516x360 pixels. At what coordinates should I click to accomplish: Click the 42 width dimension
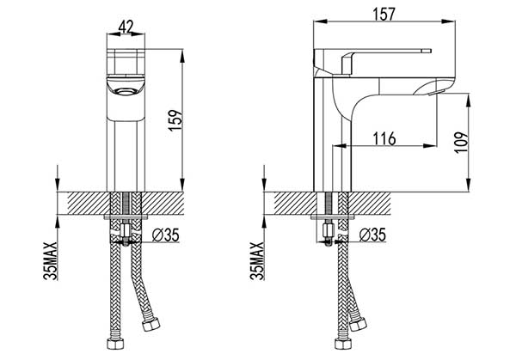tap(126, 27)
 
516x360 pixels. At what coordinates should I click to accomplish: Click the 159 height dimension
tap(175, 120)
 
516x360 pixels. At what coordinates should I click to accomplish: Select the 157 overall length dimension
tap(384, 14)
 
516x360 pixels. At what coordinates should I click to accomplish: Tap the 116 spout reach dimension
tap(384, 138)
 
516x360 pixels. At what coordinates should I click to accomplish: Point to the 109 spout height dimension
tap(461, 142)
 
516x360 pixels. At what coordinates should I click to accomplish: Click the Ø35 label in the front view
tap(166, 235)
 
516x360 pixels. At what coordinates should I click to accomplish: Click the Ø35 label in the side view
tap(372, 235)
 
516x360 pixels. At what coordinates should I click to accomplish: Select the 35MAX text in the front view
tap(50, 260)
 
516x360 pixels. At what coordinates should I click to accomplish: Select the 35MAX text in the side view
tap(256, 260)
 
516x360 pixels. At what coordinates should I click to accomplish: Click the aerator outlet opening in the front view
tap(126, 92)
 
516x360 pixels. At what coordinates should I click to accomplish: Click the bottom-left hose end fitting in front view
tap(115, 343)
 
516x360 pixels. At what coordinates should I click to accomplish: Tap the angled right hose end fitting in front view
tap(151, 324)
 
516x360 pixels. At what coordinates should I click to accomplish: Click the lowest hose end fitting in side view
tap(343, 343)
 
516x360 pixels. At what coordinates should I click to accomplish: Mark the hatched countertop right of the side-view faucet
tap(370, 203)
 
